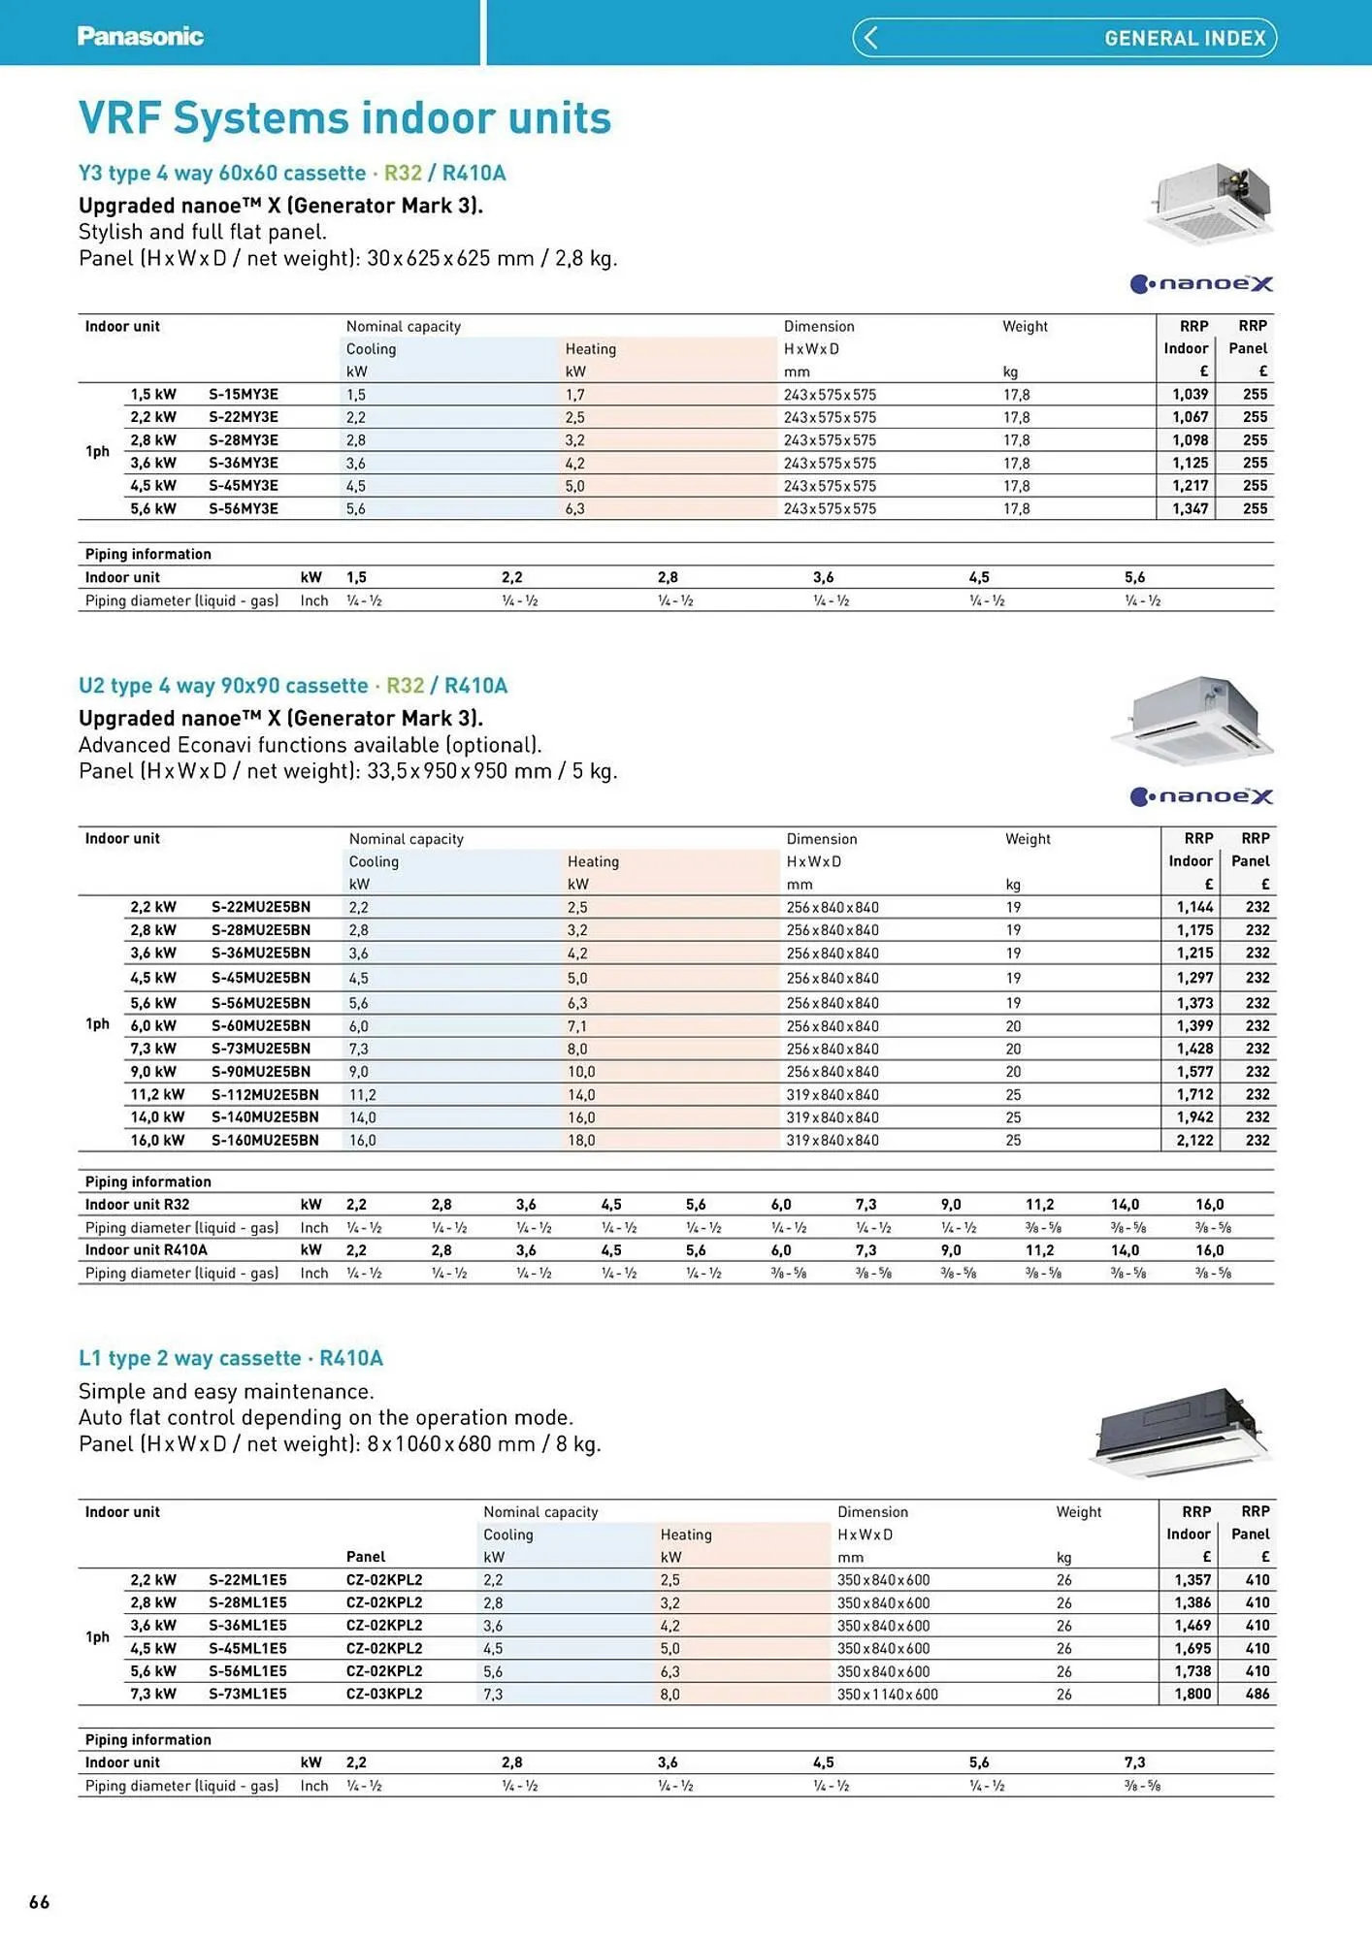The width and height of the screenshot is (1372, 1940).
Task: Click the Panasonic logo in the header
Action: (140, 37)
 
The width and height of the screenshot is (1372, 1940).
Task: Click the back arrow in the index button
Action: (870, 38)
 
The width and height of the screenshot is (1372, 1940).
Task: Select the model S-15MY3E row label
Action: (244, 395)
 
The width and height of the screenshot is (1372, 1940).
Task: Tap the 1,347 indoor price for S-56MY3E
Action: (1190, 508)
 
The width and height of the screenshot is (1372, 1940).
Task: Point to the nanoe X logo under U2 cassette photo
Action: (1201, 796)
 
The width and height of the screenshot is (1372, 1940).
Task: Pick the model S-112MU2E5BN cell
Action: (265, 1094)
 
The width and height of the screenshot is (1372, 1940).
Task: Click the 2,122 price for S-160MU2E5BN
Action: (1194, 1141)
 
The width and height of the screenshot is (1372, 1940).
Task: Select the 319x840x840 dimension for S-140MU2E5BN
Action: (833, 1117)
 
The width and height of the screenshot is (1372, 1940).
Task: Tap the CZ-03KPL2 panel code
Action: (384, 1695)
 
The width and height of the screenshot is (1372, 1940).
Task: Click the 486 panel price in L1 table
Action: (1258, 1694)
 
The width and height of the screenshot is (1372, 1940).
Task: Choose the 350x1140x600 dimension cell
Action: (887, 1695)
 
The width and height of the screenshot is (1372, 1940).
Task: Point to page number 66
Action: (40, 1901)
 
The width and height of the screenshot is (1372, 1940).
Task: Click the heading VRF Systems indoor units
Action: (344, 118)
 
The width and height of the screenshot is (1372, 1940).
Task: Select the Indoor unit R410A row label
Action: (146, 1250)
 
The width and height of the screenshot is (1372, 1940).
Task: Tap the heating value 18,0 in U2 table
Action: (581, 1141)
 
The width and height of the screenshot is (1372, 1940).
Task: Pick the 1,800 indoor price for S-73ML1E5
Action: (1192, 1694)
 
